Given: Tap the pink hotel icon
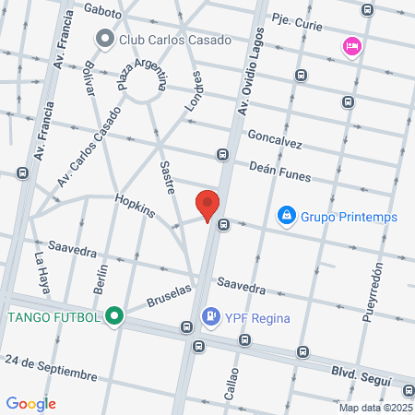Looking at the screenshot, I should click(x=351, y=46).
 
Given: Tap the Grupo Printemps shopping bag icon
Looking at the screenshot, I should click(x=287, y=216).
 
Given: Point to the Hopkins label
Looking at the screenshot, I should click(x=134, y=205).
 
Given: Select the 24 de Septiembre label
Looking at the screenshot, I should click(x=50, y=366).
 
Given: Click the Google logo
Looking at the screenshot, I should click(x=31, y=403).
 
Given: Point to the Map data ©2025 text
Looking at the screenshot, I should click(x=375, y=408).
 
